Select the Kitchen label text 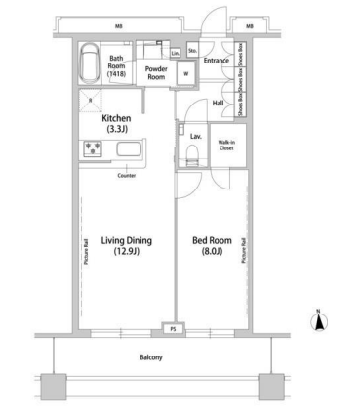pyautogui.click(x=117, y=122)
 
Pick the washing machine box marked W pyautogui.click(x=183, y=75)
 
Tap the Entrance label pyautogui.click(x=216, y=61)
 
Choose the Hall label pyautogui.click(x=219, y=103)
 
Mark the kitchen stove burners pyautogui.click(x=96, y=150)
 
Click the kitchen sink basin pyautogui.click(x=131, y=151)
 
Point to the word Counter pyautogui.click(x=126, y=176)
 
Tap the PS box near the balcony pyautogui.click(x=175, y=330)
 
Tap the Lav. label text pyautogui.click(x=195, y=136)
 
